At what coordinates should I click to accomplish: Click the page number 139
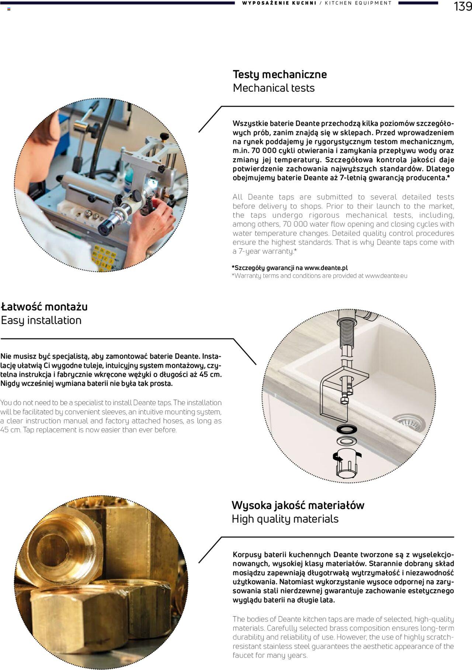coord(462,6)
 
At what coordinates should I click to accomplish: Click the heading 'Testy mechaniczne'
coord(280,74)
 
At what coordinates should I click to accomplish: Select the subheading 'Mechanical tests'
coord(274,88)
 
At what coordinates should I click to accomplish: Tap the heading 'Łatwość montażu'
coord(44,307)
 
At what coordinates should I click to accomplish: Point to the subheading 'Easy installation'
coord(41,320)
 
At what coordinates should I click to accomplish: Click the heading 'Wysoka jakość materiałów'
coord(298,505)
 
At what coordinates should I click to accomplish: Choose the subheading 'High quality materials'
coord(285,519)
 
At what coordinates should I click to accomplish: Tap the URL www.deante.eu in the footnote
coord(386,276)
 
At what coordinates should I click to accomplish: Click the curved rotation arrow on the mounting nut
coord(338,457)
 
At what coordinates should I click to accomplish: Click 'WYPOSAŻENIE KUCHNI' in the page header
coord(279,3)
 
